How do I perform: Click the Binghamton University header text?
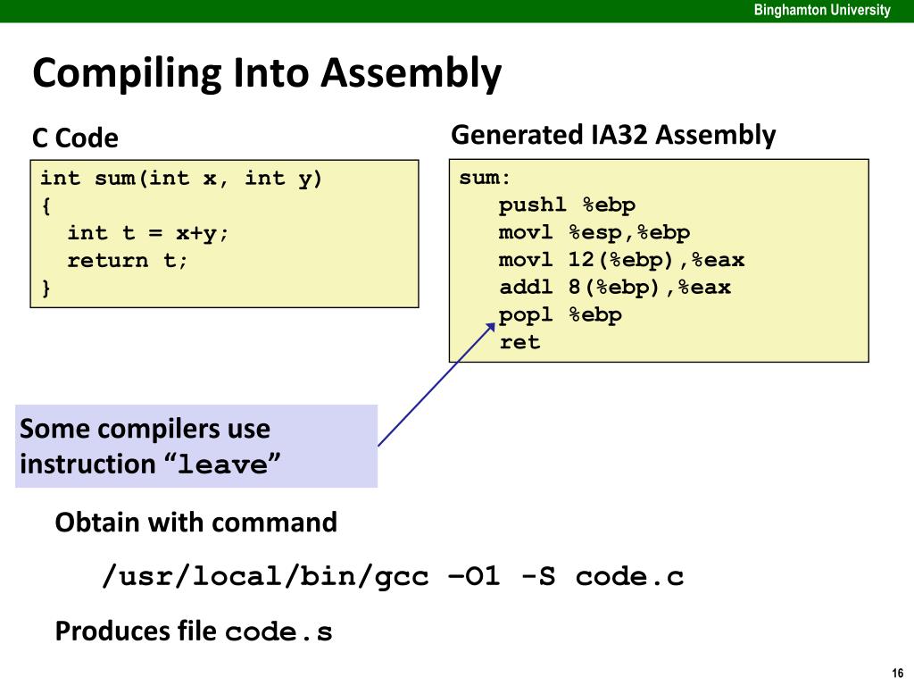(821, 11)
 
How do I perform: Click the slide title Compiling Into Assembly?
(267, 73)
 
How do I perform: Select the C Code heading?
(75, 138)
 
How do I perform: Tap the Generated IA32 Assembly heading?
(613, 135)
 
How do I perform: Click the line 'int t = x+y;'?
(148, 233)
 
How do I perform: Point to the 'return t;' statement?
(128, 261)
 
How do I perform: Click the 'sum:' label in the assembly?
(479, 178)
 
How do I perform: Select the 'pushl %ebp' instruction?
(567, 205)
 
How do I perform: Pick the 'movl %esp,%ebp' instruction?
(594, 233)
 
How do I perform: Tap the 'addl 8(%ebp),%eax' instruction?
(615, 288)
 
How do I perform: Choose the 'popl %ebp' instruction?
(561, 315)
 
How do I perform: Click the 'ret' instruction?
(519, 342)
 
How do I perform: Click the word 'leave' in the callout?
(222, 465)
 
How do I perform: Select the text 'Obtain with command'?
(196, 523)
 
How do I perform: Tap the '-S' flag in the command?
(537, 577)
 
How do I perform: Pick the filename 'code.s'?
(278, 632)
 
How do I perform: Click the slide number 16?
(897, 673)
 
